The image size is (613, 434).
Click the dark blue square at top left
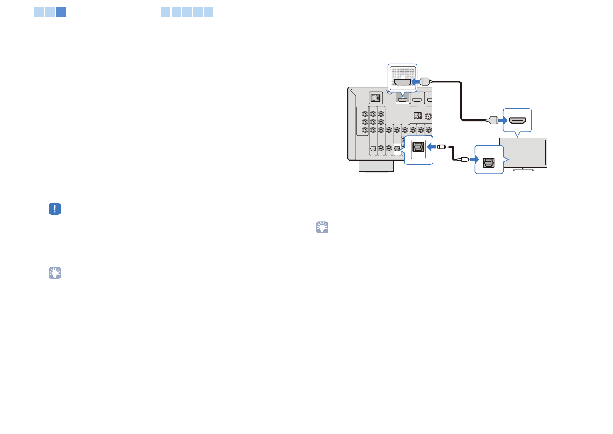pyautogui.click(x=61, y=12)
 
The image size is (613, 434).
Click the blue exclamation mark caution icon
pyautogui.click(x=55, y=209)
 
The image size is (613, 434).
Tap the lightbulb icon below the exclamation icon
pyautogui.click(x=55, y=273)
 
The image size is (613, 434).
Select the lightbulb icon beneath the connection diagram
pyautogui.click(x=322, y=228)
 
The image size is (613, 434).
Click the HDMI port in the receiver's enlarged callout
pyautogui.click(x=403, y=82)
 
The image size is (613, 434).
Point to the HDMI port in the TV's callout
pyautogui.click(x=517, y=120)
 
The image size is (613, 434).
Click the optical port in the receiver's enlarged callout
pyautogui.click(x=418, y=147)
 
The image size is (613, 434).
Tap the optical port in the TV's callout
pyautogui.click(x=489, y=162)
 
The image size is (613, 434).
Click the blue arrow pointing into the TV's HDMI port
pyautogui.click(x=502, y=120)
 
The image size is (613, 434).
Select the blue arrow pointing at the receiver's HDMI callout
pyautogui.click(x=415, y=82)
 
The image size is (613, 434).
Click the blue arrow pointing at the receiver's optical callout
pyautogui.click(x=431, y=147)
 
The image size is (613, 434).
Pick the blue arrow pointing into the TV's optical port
pyautogui.click(x=474, y=159)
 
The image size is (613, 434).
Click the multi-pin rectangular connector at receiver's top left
pyautogui.click(x=375, y=98)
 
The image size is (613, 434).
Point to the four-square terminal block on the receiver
pyautogui.click(x=417, y=115)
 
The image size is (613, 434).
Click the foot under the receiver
pyautogui.click(x=376, y=167)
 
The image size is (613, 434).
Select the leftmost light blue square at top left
pyautogui.click(x=39, y=12)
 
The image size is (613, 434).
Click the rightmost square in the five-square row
pyautogui.click(x=209, y=12)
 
